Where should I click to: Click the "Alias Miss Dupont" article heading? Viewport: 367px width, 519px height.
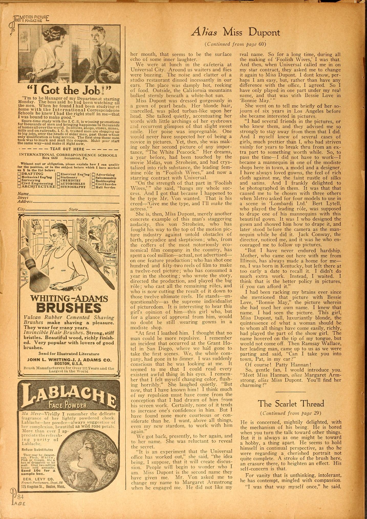[x=235, y=33]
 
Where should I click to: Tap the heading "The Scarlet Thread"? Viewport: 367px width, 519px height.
[x=291, y=404]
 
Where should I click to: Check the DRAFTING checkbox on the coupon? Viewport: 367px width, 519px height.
[x=19, y=174]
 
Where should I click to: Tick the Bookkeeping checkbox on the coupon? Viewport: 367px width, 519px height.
[x=93, y=181]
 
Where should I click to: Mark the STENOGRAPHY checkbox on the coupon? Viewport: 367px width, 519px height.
[x=58, y=187]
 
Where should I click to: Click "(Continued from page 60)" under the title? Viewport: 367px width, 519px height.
[x=235, y=44]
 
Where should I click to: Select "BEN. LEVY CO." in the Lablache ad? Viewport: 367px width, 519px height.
[x=38, y=479]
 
